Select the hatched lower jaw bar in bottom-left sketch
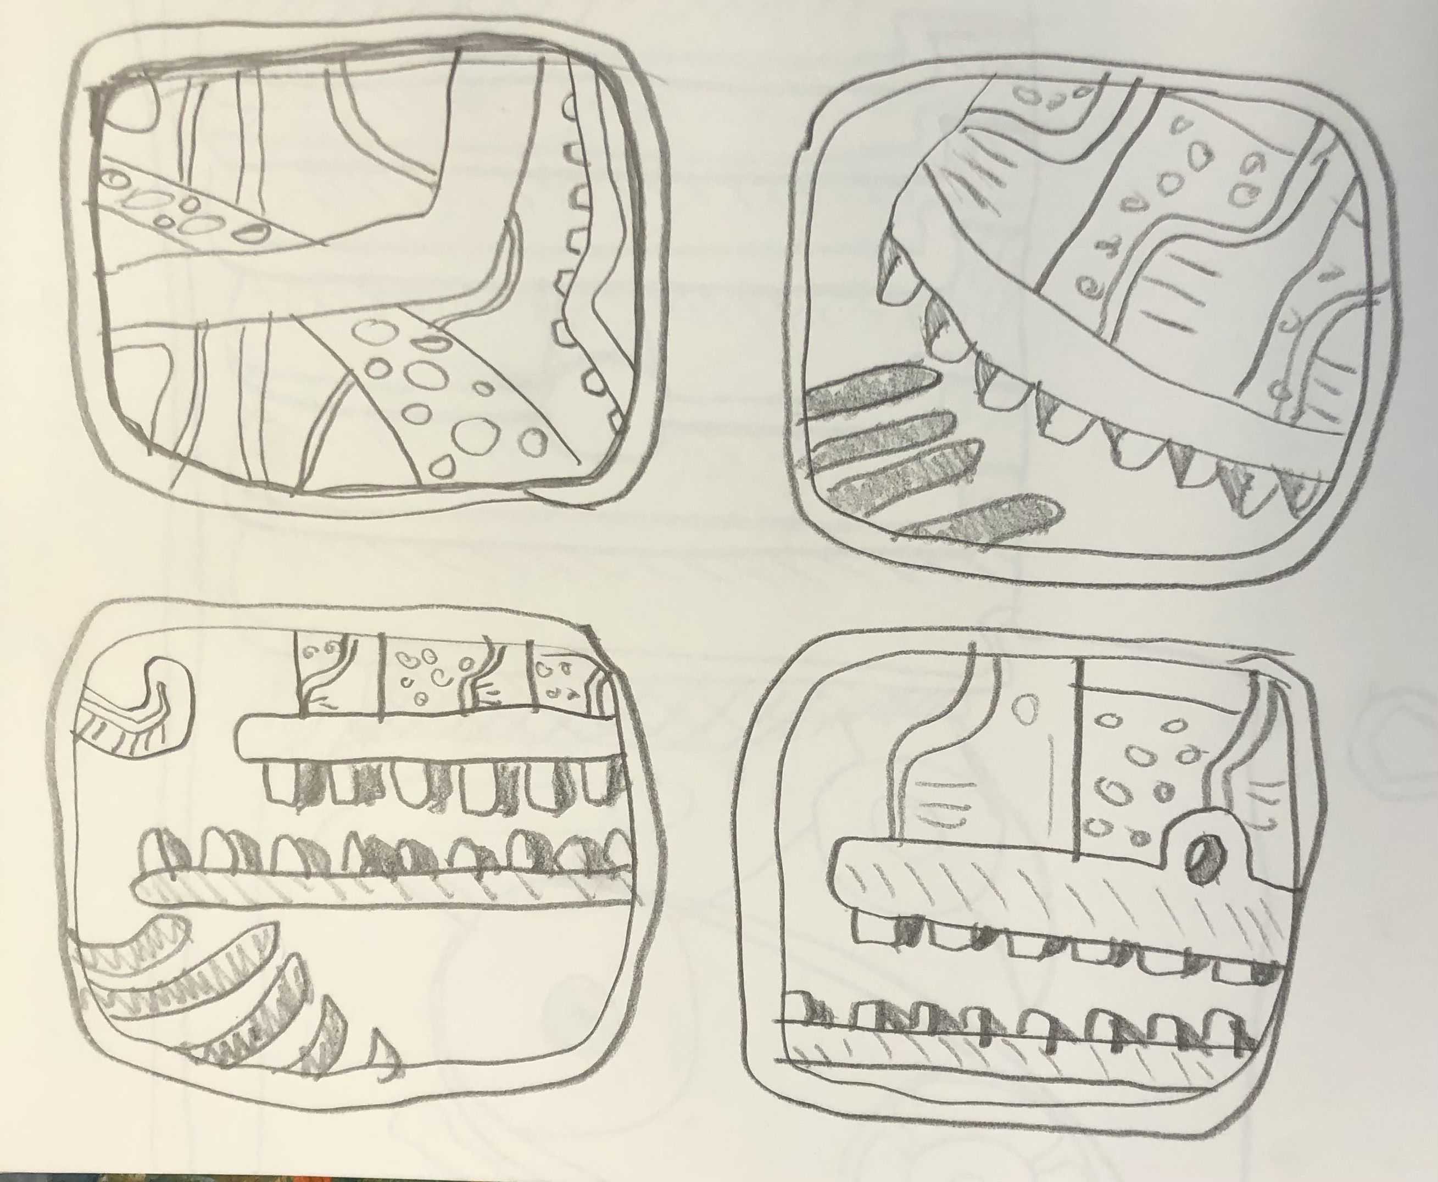point(381,889)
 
